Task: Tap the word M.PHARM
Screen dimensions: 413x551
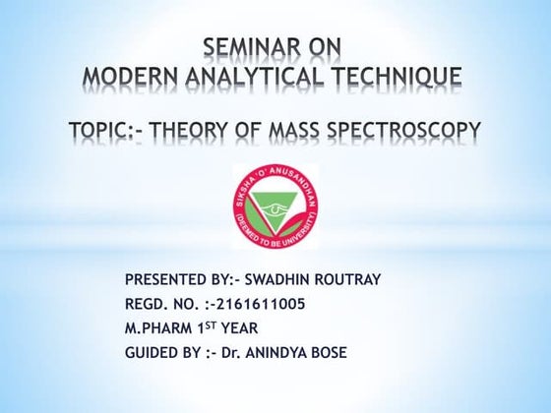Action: (x=162, y=328)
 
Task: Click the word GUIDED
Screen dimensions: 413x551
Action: (x=153, y=353)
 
